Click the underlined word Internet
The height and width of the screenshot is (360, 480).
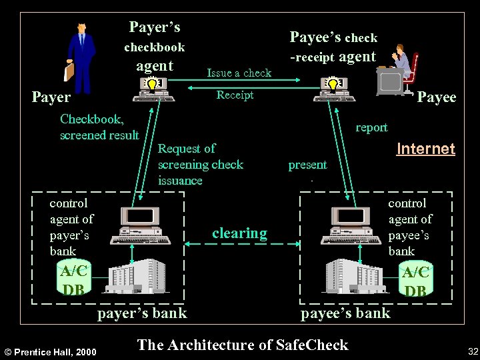click(x=425, y=149)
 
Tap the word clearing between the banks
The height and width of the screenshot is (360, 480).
click(x=239, y=233)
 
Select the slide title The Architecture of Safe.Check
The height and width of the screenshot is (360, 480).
click(x=242, y=345)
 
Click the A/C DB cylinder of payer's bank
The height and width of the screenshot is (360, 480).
click(x=73, y=279)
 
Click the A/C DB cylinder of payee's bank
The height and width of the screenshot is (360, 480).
click(x=415, y=281)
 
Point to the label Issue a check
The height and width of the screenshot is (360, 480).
click(x=239, y=73)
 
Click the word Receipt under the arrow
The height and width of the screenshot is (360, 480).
click(x=235, y=95)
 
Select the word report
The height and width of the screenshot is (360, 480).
click(x=371, y=127)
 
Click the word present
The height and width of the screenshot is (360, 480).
click(x=307, y=165)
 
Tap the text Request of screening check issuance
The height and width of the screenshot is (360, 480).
click(x=200, y=165)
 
